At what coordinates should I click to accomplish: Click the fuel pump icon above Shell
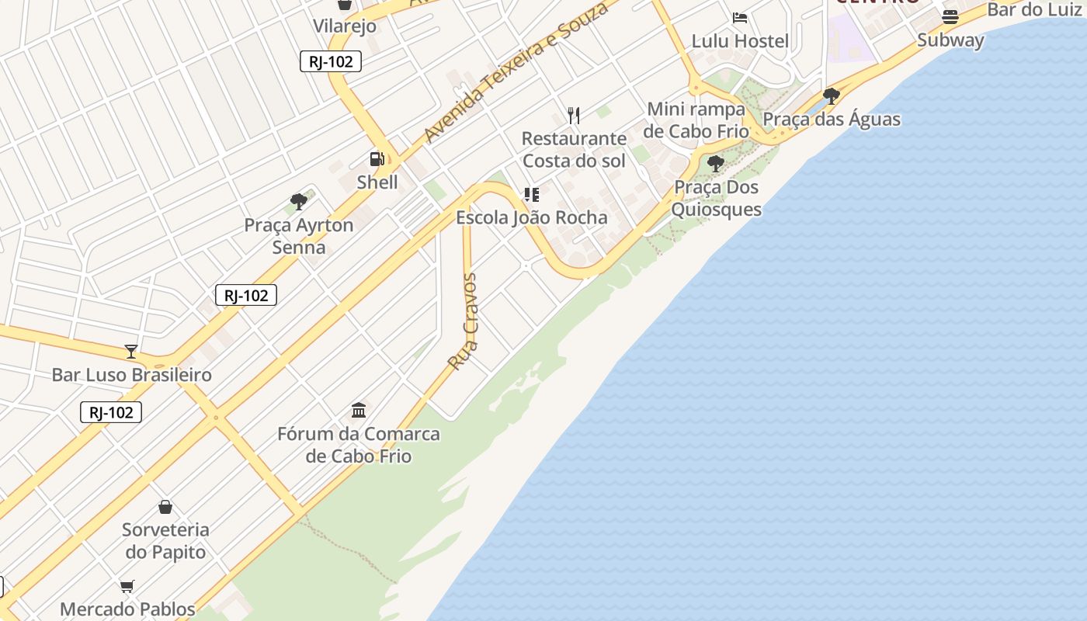pyautogui.click(x=377, y=159)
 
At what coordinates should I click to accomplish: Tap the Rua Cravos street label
pyautogui.click(x=464, y=321)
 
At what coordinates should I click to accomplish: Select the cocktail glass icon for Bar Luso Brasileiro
pyautogui.click(x=131, y=352)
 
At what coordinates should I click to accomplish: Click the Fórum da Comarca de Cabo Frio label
pyautogui.click(x=359, y=445)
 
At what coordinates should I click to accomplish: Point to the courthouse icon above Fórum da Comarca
pyautogui.click(x=359, y=410)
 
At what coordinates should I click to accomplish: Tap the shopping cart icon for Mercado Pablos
pyautogui.click(x=127, y=586)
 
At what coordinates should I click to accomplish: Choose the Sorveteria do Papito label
pyautogui.click(x=165, y=541)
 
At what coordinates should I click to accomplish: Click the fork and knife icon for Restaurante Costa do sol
pyautogui.click(x=574, y=116)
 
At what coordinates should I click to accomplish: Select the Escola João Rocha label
pyautogui.click(x=532, y=217)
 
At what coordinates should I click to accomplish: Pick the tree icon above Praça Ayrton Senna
pyautogui.click(x=299, y=202)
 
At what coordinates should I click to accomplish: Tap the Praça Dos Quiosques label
pyautogui.click(x=716, y=199)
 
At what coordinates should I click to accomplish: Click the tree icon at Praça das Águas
pyautogui.click(x=832, y=96)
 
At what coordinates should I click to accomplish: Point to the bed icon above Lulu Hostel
pyautogui.click(x=740, y=17)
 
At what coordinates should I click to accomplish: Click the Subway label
pyautogui.click(x=950, y=40)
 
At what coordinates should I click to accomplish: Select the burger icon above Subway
pyautogui.click(x=950, y=16)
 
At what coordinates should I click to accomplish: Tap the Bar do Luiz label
pyautogui.click(x=1034, y=10)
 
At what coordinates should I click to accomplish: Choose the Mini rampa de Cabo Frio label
pyautogui.click(x=696, y=120)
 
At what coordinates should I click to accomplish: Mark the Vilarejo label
pyautogui.click(x=345, y=26)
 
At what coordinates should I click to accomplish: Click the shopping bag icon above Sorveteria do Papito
pyautogui.click(x=165, y=507)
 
